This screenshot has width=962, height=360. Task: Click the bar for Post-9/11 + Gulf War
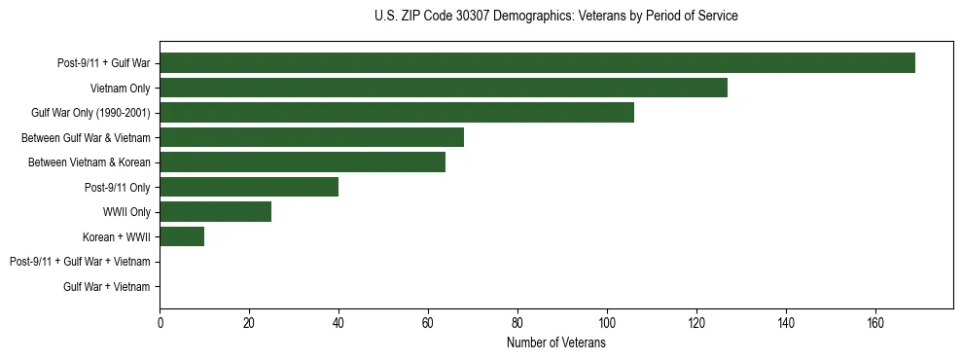click(537, 63)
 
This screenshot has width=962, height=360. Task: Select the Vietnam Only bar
click(444, 88)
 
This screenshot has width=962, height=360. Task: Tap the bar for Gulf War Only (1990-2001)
click(397, 113)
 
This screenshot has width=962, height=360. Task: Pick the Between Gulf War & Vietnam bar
click(311, 137)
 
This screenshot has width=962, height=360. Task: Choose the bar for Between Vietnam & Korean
click(303, 162)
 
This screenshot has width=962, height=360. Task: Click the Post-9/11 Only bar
click(249, 187)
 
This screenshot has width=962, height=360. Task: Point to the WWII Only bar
click(215, 211)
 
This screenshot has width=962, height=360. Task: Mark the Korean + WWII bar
click(182, 236)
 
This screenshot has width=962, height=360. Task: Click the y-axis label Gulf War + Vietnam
click(106, 286)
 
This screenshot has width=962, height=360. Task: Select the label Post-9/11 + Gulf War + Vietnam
click(80, 262)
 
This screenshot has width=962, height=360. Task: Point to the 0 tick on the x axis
click(160, 323)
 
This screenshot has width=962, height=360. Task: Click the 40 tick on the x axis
click(338, 323)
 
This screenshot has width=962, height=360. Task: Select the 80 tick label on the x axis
click(517, 323)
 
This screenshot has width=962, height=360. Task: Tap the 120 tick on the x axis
click(696, 323)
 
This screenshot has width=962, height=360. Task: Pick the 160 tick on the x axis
click(875, 323)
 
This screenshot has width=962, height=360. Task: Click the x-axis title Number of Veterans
click(555, 343)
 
